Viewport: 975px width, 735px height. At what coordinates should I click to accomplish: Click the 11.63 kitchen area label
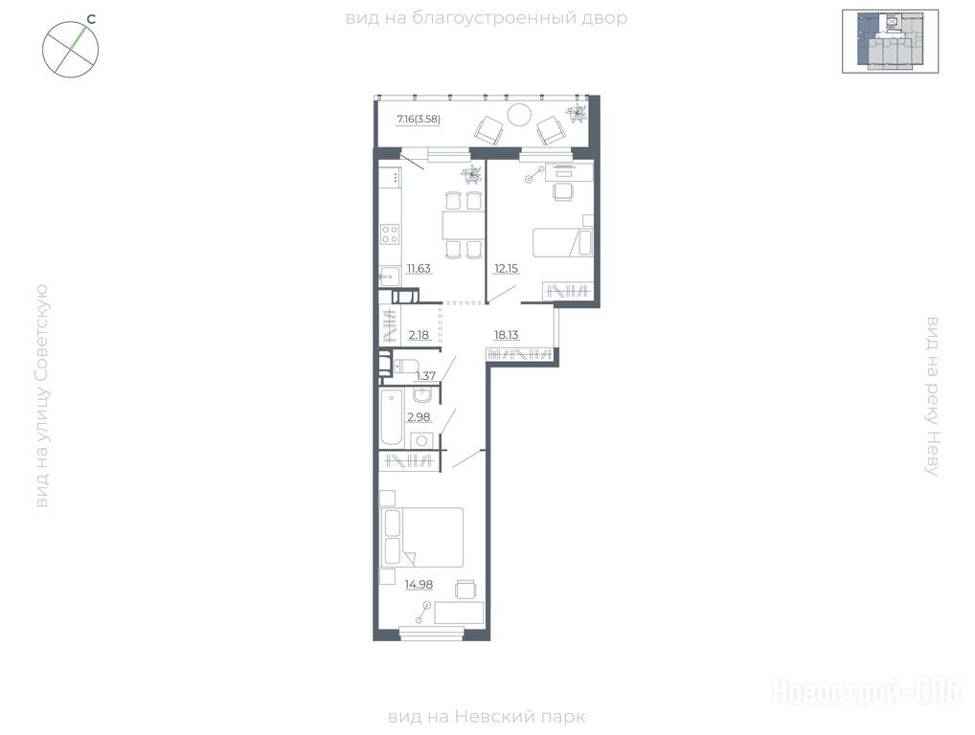(419, 268)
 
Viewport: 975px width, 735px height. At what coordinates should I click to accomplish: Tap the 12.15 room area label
(506, 268)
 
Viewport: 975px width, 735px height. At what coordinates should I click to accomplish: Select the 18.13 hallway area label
(506, 335)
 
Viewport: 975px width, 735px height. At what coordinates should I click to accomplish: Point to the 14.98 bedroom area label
(419, 584)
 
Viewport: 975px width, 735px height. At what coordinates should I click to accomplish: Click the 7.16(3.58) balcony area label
(419, 119)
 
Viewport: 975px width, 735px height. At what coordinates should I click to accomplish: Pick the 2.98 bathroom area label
(419, 416)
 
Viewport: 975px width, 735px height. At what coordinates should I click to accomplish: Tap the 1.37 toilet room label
(426, 375)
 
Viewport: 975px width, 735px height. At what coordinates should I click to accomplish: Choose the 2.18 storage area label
(419, 335)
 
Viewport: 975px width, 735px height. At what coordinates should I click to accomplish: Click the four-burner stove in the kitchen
(390, 234)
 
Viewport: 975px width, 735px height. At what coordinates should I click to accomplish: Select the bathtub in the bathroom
(391, 417)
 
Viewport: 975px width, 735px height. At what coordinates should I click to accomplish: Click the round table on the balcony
(518, 115)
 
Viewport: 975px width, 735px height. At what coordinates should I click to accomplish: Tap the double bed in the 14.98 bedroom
(422, 537)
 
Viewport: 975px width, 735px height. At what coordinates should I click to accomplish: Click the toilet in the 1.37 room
(405, 367)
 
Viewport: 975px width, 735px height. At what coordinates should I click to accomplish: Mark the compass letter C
(91, 19)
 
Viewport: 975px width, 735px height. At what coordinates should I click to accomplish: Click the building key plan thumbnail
(891, 41)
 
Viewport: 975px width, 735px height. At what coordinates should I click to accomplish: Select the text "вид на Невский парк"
(487, 717)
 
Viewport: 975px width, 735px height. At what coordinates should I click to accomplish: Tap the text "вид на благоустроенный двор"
(487, 18)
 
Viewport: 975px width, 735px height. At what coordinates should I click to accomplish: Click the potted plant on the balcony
(577, 113)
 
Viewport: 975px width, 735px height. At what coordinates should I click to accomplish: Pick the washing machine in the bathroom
(421, 439)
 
